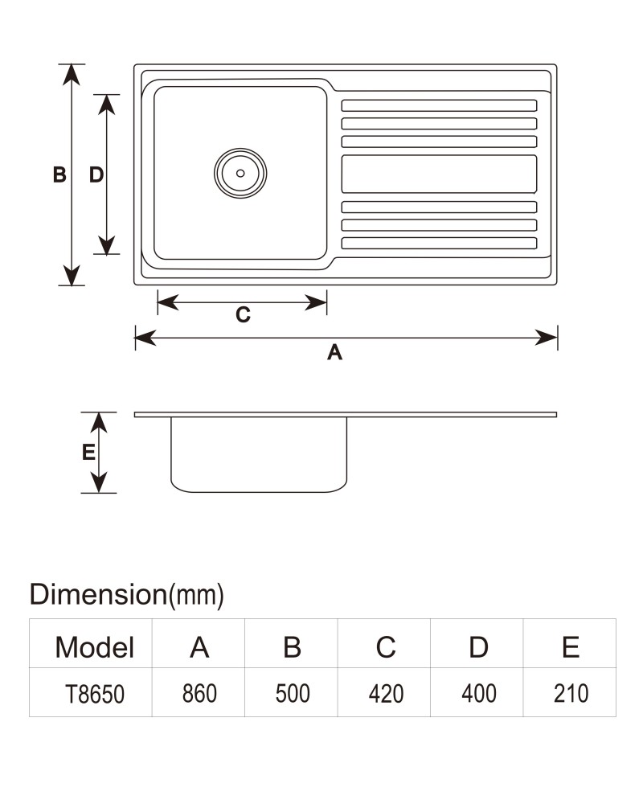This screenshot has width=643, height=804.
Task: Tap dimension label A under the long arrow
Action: point(335,353)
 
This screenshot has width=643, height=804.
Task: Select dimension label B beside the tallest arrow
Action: point(59,174)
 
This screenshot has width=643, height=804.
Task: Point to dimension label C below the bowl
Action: point(243,314)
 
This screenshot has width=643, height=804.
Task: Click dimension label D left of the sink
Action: point(96,174)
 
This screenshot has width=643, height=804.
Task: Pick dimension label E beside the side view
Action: point(88,452)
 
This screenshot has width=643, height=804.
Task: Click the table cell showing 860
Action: point(199,693)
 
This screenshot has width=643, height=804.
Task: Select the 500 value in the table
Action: point(293,693)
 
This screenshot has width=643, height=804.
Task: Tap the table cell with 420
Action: point(386,693)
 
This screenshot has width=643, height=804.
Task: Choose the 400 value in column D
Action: point(478,693)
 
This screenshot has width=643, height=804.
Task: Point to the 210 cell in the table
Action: point(571,693)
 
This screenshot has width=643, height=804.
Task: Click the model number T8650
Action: point(95,694)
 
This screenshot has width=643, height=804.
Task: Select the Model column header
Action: point(94,647)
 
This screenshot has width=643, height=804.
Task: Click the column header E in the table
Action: point(571,647)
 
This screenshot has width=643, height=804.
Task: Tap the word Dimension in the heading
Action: point(98,594)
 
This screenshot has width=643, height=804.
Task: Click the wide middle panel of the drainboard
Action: point(439,174)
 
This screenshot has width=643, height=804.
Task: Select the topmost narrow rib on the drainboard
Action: point(439,105)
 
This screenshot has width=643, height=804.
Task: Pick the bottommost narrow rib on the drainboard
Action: point(439,243)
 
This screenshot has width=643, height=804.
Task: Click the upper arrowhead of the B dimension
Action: point(72,75)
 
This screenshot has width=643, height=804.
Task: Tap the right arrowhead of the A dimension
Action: point(546,338)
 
